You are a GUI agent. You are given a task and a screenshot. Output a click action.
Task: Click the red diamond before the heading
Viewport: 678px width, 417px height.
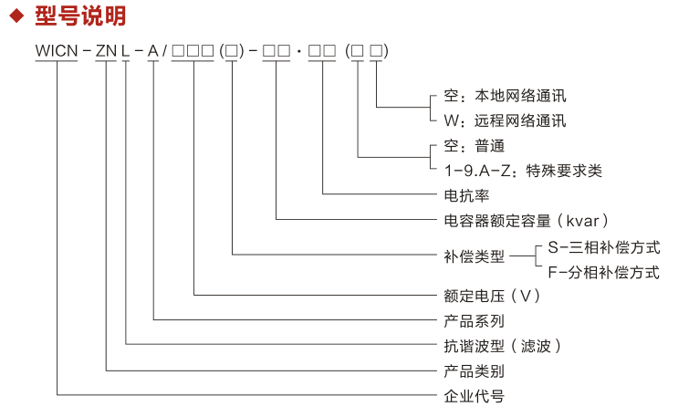pos(15,17)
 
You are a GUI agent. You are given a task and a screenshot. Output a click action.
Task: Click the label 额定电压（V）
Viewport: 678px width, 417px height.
pos(493,296)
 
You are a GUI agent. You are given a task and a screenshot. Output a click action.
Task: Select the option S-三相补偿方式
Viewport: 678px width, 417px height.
pos(603,247)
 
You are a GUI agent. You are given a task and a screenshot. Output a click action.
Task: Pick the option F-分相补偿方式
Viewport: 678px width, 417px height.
pos(603,272)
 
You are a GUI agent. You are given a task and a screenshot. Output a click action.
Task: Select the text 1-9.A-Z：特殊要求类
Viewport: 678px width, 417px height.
pos(523,171)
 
